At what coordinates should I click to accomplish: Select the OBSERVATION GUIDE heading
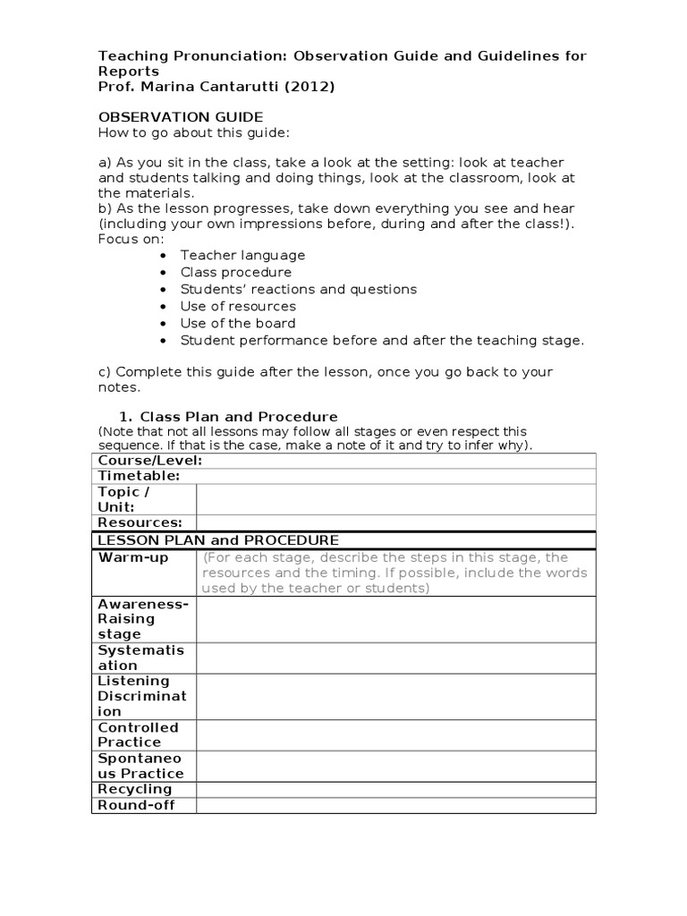181,117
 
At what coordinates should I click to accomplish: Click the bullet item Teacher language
242,255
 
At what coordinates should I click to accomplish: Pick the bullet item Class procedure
236,272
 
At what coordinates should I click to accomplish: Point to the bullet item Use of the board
238,323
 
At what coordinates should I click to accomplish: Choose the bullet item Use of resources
238,306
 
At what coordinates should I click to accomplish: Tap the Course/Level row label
150,461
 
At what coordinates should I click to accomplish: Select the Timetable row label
140,476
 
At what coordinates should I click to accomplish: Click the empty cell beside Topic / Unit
395,499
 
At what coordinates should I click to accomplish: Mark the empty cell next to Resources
395,522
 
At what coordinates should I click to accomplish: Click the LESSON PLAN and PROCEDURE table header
218,540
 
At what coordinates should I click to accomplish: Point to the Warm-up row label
133,557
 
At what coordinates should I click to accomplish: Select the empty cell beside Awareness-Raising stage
395,619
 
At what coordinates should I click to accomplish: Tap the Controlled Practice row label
139,734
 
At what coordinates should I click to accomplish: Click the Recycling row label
135,789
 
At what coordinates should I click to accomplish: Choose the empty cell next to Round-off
395,805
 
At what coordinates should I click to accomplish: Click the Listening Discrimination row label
142,696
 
